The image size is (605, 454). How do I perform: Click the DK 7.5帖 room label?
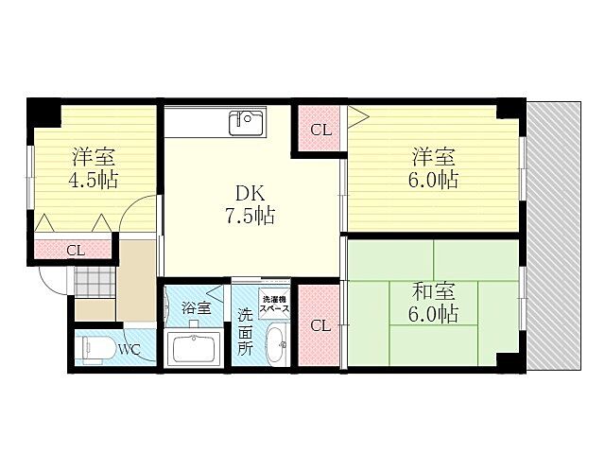[249, 202]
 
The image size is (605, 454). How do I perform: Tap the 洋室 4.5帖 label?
[93, 168]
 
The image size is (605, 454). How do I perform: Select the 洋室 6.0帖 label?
[435, 167]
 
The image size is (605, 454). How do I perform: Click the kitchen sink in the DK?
[248, 122]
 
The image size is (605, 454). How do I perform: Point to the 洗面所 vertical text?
[245, 331]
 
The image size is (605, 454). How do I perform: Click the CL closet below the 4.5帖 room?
[74, 250]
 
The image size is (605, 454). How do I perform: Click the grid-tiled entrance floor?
[94, 281]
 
